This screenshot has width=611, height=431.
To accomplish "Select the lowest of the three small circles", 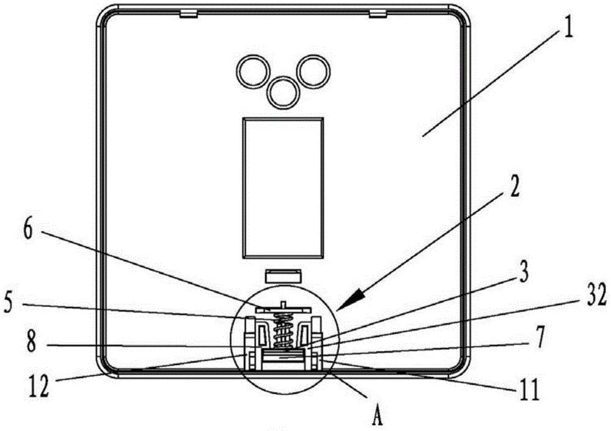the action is [x=282, y=92].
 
